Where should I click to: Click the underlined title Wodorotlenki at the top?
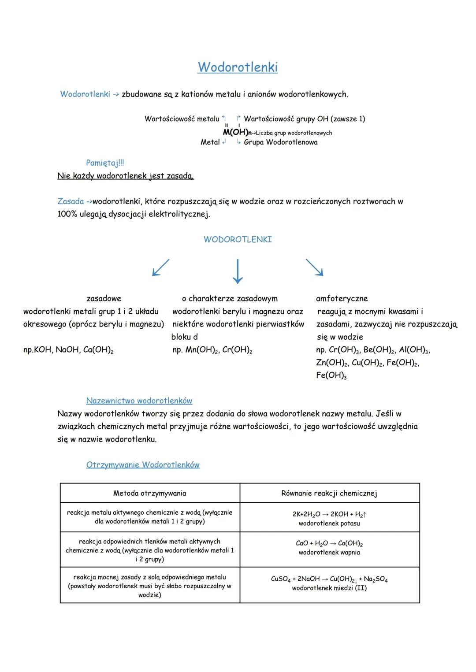tap(238, 67)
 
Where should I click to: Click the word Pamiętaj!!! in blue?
tap(105, 163)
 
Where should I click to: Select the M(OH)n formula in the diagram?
tap(236, 132)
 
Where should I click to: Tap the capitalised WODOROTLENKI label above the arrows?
tap(238, 240)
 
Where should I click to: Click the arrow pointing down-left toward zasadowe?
tap(160, 267)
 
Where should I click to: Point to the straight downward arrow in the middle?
tap(238, 271)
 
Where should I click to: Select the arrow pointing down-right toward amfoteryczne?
tap(314, 267)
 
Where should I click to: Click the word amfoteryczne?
tap(342, 299)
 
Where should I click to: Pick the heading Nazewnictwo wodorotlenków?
tap(139, 401)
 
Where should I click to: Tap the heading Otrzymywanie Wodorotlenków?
tap(143, 465)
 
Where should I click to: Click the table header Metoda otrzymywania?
tap(150, 493)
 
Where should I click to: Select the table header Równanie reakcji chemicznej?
tap(329, 493)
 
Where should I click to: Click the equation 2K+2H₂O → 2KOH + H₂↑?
tap(329, 514)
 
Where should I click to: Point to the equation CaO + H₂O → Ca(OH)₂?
tap(329, 543)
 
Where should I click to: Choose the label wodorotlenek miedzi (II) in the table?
tap(329, 588)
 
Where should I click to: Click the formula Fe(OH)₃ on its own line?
tap(331, 375)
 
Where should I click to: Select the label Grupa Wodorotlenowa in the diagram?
tap(280, 142)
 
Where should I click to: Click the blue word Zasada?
tap(71, 201)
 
